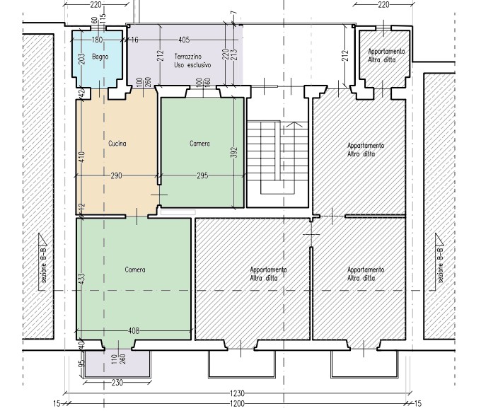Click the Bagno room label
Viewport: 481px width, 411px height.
(100, 57)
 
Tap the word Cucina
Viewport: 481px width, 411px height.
(117, 144)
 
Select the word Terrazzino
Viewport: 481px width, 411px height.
(188, 57)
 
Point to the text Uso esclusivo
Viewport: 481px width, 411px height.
(192, 65)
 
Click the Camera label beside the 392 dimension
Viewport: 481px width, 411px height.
(199, 143)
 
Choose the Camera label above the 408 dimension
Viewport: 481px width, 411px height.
(135, 270)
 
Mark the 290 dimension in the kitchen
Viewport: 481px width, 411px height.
(116, 175)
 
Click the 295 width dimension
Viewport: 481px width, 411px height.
(202, 175)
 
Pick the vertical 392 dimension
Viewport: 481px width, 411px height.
(234, 152)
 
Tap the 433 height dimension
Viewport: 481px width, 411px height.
(81, 279)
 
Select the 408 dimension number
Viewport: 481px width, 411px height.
(134, 330)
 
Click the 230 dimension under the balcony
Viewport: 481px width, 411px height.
(117, 383)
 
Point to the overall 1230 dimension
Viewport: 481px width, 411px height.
(237, 393)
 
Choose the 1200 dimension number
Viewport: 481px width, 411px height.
(237, 403)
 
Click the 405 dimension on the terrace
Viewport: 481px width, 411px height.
(184, 40)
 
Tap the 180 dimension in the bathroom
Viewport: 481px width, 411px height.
(97, 40)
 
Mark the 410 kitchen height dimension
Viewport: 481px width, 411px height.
(81, 157)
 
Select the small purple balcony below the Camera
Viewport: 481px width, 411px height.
(117, 364)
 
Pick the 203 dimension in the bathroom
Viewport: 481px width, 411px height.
(81, 59)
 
